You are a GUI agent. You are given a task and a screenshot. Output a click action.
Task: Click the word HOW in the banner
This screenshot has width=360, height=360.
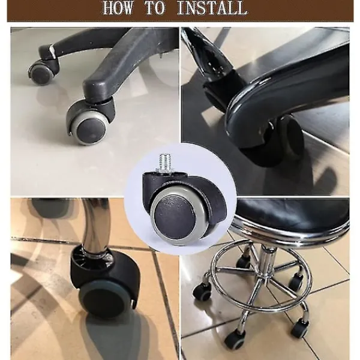[118, 8]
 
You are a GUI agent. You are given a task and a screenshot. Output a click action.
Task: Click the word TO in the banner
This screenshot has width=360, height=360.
[155, 8]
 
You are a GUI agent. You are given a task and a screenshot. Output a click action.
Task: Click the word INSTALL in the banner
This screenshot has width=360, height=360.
[212, 8]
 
